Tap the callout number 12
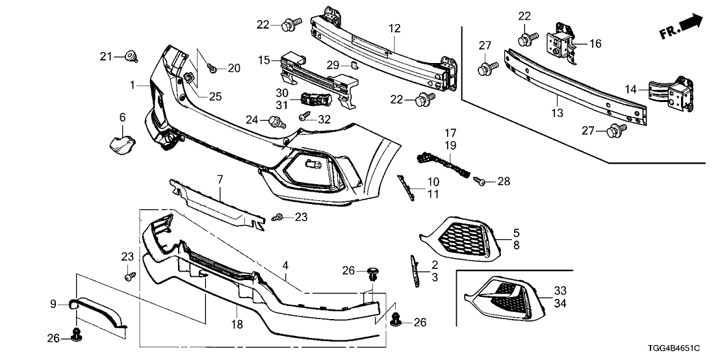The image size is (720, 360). pyautogui.click(x=395, y=28)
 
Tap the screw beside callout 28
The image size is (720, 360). pyautogui.click(x=481, y=183)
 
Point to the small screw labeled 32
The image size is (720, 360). pyautogui.click(x=303, y=117)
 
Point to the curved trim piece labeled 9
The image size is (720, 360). pyautogui.click(x=97, y=311)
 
